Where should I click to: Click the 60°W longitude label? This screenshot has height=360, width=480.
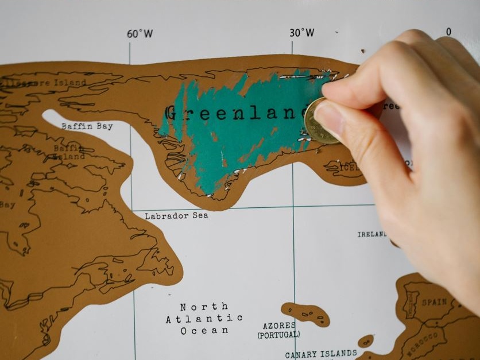[x=140, y=34]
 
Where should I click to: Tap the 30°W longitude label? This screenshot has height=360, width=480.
[x=301, y=33]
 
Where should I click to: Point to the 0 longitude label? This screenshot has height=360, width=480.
[x=448, y=32]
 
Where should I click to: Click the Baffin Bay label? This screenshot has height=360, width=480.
[x=87, y=126]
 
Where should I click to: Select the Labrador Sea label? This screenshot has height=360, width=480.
[x=176, y=216]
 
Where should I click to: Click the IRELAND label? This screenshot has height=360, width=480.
[x=372, y=234]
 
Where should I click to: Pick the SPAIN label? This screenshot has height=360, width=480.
[x=434, y=302]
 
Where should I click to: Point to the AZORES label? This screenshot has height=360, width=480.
[x=279, y=326]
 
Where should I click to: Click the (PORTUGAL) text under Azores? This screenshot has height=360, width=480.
[x=278, y=335]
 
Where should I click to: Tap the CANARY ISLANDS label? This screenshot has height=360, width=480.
[x=321, y=354]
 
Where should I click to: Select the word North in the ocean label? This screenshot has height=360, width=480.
[x=204, y=307]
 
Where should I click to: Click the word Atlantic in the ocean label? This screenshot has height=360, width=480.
[x=204, y=319]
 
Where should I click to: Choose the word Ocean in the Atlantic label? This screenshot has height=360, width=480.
[x=204, y=331]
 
